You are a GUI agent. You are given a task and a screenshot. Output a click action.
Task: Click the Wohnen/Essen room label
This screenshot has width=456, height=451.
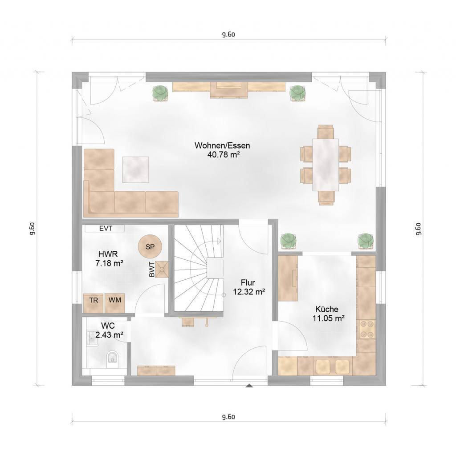[222, 145]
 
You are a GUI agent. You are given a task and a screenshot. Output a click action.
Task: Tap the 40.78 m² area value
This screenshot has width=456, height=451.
[224, 154]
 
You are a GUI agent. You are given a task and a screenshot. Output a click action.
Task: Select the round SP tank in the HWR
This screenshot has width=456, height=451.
[150, 247]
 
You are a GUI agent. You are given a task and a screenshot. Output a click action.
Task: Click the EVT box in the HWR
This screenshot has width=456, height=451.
[105, 229]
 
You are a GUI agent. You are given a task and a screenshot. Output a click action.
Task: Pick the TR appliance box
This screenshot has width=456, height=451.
[94, 303]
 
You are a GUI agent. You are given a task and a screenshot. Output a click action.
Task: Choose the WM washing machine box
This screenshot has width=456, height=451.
[114, 303]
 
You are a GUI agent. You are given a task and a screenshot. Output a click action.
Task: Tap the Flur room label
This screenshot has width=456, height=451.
[248, 282]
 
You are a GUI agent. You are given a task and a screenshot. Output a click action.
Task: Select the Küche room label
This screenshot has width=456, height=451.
[327, 309]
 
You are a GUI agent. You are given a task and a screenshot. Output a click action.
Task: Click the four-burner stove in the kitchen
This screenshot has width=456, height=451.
[366, 329]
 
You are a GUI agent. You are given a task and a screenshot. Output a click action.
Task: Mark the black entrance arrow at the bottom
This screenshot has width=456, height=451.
[249, 386]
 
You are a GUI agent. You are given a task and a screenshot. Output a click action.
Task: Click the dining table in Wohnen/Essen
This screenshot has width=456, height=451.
[326, 165]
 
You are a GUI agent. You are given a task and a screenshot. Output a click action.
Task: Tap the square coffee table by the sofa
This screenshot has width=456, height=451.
[135, 169]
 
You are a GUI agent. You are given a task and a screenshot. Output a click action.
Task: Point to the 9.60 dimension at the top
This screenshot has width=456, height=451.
[228, 34]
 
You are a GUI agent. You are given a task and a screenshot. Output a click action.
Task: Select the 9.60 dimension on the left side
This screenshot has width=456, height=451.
[32, 229]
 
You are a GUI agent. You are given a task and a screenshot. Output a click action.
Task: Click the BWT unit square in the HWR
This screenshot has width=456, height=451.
[162, 270]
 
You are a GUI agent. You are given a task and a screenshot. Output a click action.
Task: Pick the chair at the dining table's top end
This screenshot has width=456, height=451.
[325, 132]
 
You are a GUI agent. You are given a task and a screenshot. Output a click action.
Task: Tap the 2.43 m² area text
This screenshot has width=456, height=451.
[109, 334]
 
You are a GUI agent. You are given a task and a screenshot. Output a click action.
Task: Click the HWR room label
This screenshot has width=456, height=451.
[108, 254]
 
